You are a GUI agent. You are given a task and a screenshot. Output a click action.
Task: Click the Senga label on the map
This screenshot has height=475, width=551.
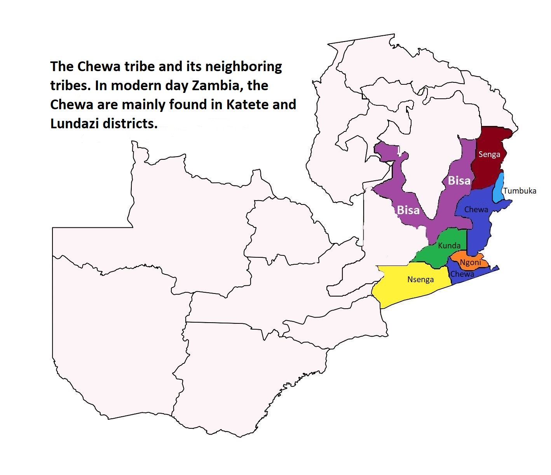click(489, 154)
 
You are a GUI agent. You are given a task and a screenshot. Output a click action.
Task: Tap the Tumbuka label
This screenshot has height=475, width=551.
click(520, 190)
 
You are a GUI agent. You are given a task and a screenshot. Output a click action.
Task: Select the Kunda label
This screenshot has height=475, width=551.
click(449, 245)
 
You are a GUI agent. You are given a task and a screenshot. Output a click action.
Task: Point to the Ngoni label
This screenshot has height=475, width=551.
click(470, 262)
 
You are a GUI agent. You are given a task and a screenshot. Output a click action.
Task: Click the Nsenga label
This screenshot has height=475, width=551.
click(420, 279)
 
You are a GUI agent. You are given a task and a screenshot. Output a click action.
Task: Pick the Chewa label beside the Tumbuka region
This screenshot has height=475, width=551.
click(476, 210)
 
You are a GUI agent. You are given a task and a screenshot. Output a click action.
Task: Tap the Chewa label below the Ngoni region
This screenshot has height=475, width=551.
click(462, 274)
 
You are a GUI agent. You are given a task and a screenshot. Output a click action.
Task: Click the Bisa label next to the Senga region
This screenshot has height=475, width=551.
click(459, 180)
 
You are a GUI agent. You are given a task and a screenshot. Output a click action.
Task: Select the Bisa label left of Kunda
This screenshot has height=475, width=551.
click(408, 210)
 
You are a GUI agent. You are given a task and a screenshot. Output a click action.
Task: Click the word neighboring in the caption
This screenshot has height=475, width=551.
click(243, 67)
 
